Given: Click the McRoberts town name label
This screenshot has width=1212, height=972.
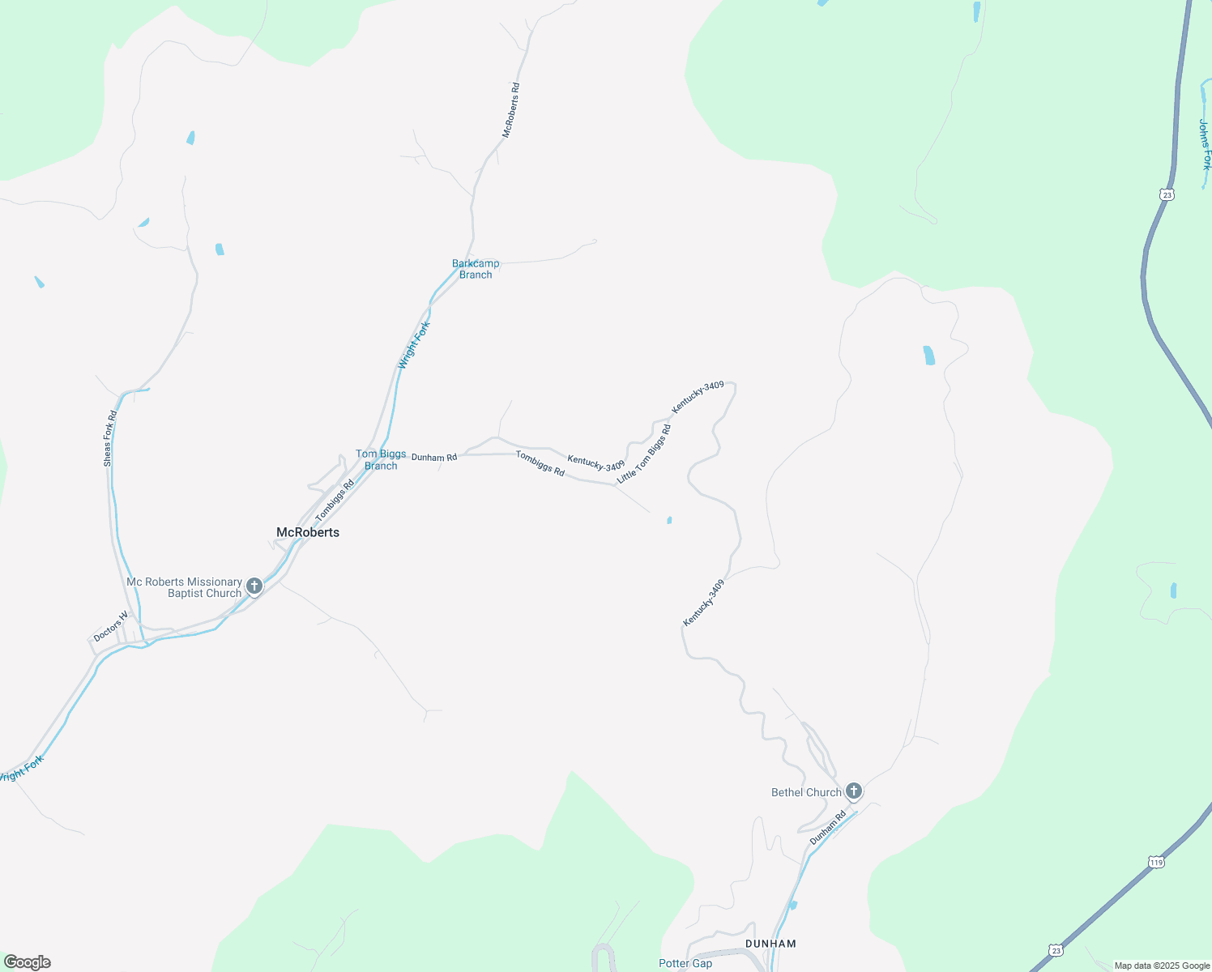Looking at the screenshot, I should click(308, 532).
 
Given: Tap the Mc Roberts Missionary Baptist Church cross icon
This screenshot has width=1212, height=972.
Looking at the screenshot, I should click(254, 586).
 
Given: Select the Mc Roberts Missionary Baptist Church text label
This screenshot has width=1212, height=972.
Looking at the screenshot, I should click(185, 587).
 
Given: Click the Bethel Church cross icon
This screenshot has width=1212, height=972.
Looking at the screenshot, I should click(853, 791).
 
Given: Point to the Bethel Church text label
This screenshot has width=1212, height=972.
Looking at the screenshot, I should click(806, 792).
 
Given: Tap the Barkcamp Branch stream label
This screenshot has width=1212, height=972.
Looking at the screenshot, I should click(476, 269).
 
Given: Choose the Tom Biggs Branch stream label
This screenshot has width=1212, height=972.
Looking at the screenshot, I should click(381, 459).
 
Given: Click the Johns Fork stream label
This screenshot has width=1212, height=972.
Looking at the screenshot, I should click(1205, 144).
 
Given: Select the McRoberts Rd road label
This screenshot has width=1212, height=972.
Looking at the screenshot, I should click(510, 110).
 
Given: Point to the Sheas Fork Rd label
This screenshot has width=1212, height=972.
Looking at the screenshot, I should click(109, 438).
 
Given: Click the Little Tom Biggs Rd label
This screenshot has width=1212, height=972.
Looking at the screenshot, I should click(644, 454).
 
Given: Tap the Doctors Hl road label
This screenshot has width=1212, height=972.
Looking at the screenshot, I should click(111, 627).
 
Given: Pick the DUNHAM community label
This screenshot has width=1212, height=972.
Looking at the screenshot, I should click(770, 944).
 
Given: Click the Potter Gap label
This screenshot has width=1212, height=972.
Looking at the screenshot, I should click(685, 963).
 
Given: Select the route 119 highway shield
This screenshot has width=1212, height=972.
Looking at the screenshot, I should click(1156, 863).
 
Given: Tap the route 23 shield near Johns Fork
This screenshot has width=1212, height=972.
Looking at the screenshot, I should click(1167, 194).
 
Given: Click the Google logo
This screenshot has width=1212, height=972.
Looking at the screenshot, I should click(27, 962).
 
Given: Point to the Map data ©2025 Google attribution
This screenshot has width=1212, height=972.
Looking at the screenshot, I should click(1162, 966).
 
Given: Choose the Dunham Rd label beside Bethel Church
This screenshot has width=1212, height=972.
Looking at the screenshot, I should click(827, 828).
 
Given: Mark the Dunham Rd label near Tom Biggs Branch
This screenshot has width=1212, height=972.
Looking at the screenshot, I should click(434, 458).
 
